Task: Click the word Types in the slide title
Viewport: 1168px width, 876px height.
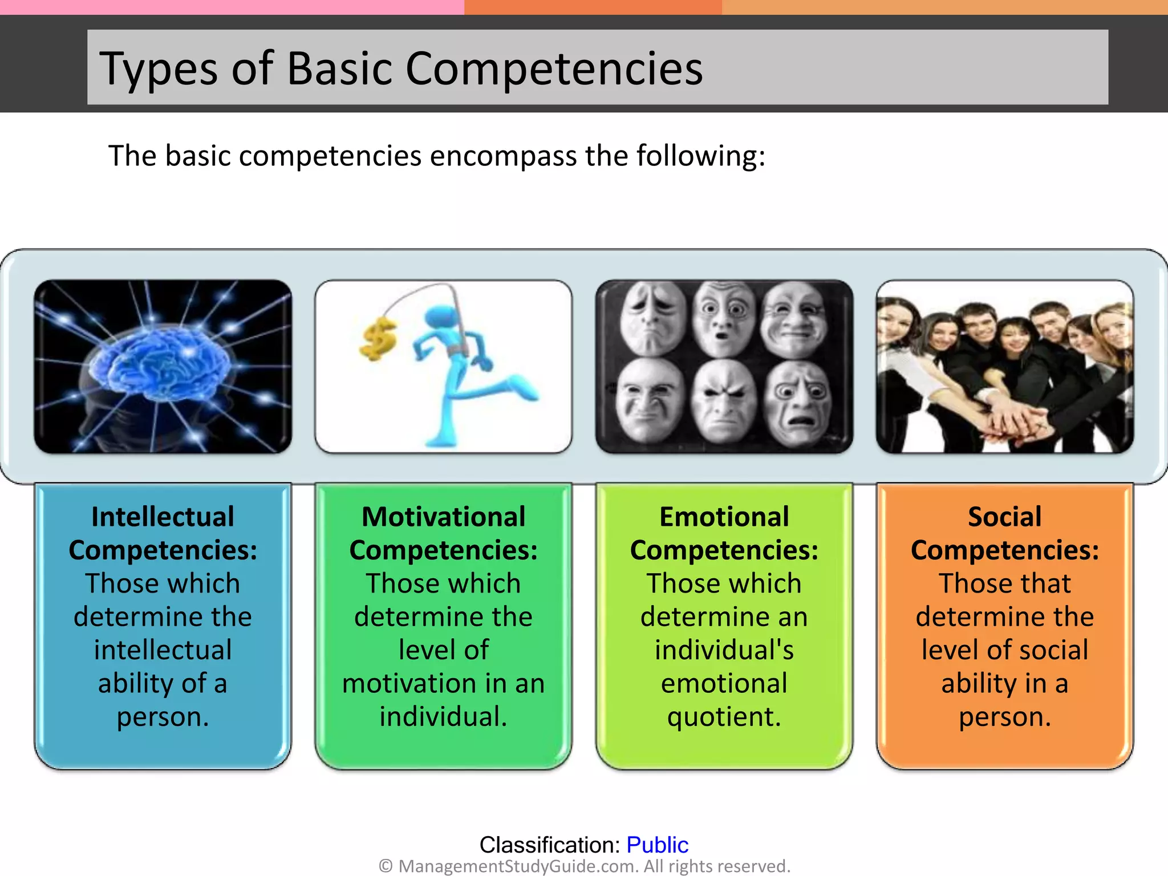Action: [158, 70]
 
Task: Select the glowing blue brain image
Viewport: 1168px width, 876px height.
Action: [163, 366]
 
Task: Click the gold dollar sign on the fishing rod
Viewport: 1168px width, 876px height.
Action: [378, 339]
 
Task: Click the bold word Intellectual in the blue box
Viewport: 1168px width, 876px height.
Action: [163, 517]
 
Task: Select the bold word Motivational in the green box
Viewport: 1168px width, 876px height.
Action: [443, 517]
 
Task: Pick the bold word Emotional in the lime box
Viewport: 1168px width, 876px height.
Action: [724, 517]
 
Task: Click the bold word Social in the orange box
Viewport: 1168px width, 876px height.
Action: [1004, 517]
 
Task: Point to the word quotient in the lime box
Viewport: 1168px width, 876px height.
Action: [724, 717]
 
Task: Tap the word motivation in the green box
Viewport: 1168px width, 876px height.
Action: [408, 683]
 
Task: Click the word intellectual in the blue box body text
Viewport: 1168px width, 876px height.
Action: [163, 650]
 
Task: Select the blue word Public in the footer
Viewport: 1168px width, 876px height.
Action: [657, 845]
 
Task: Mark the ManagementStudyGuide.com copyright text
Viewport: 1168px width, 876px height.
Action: [584, 866]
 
